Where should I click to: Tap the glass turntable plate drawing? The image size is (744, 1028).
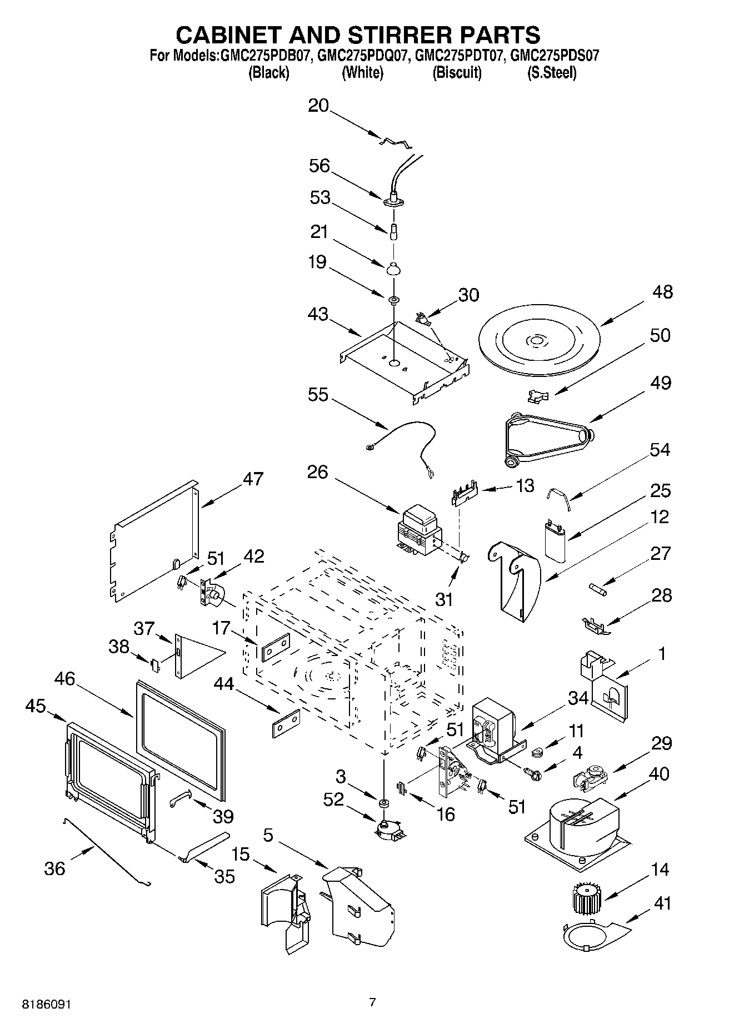pos(537,341)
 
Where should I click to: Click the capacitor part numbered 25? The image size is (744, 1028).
pos(556,537)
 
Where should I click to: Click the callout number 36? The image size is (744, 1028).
pos(54,868)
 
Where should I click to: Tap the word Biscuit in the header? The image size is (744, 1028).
pos(457,73)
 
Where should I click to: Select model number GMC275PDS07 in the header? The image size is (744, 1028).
pos(555,56)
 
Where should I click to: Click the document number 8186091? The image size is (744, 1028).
pos(47,1005)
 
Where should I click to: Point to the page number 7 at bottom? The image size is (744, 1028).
pos(372,1002)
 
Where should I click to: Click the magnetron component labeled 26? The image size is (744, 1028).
pos(420,531)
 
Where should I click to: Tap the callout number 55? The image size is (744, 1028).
pos(318,395)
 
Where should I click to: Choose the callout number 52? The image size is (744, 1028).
pos(333,799)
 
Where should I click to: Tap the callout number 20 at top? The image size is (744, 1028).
pos(318,106)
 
